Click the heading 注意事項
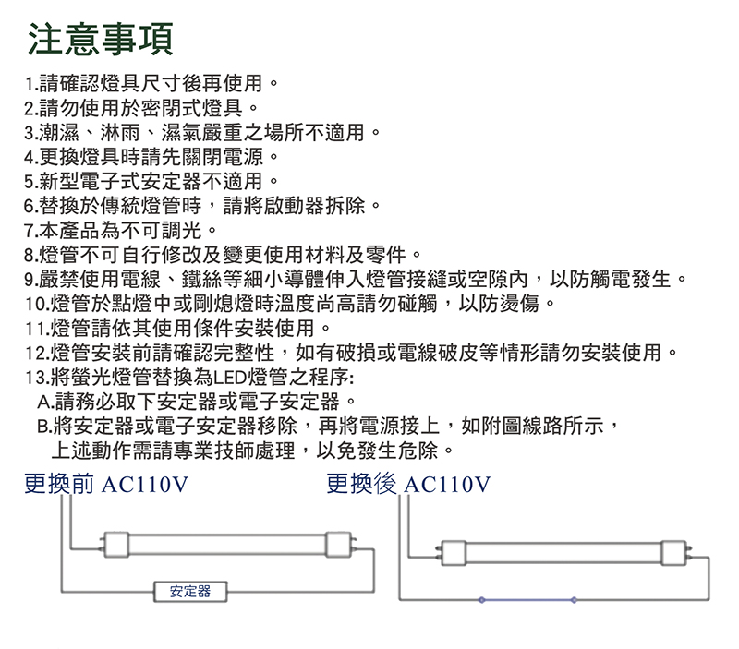tap(101, 39)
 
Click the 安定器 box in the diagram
tap(190, 592)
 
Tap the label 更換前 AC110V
tap(106, 484)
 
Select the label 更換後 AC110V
tap(408, 484)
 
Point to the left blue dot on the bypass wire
tap(481, 600)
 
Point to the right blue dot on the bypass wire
tap(574, 600)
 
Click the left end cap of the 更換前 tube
tap(116, 545)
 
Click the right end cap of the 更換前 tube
tap(339, 545)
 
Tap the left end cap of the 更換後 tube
tap(454, 553)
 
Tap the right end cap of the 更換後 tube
tap(673, 553)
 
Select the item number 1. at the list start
tap(31, 84)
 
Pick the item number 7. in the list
tap(31, 231)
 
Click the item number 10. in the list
tap(37, 305)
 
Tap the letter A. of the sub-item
tap(45, 403)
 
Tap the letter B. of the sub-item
tap(44, 427)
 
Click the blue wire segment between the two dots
tap(527, 600)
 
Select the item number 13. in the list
tap(37, 378)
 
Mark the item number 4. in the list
tap(31, 158)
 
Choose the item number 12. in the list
tap(37, 354)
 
